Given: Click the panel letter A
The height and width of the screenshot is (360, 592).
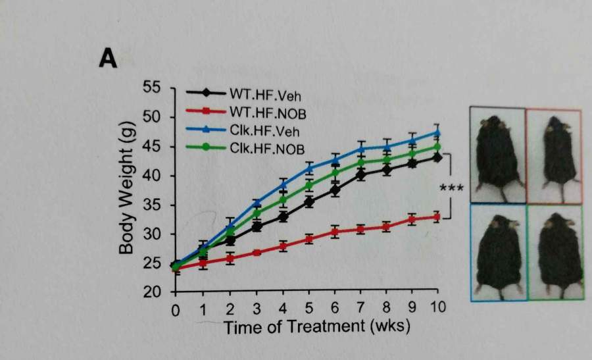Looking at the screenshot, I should [x=108, y=59].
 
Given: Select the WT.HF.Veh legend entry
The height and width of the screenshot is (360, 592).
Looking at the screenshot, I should [x=257, y=94].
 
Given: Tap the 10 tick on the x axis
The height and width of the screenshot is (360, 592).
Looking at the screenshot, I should [x=437, y=309].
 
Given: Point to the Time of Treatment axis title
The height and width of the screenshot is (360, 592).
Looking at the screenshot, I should [x=317, y=327].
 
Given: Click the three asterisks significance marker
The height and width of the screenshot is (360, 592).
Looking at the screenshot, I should [x=451, y=189].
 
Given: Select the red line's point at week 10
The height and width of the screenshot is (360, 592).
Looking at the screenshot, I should [x=436, y=217].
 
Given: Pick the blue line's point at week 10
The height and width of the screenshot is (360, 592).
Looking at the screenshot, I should [x=436, y=133].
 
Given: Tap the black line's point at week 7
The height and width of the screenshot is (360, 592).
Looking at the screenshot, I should [x=360, y=174].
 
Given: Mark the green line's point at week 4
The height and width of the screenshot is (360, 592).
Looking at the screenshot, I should [x=283, y=199].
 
